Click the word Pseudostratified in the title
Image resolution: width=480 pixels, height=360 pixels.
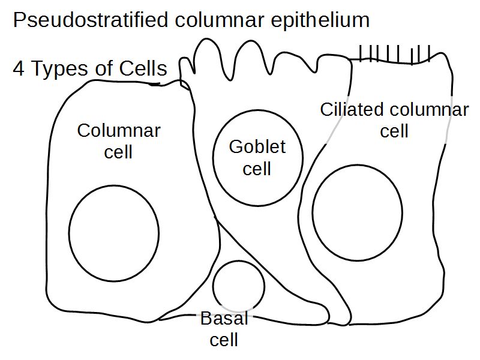90,21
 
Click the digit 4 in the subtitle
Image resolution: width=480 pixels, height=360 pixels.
19,69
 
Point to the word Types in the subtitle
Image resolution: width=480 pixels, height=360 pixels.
59,69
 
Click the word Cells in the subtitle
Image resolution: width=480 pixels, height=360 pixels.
142,69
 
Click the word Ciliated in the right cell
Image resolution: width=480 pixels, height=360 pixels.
352,110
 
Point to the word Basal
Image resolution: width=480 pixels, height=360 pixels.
224,319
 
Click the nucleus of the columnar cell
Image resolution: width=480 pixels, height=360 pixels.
114,231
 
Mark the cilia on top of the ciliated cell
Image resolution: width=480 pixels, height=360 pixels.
394,55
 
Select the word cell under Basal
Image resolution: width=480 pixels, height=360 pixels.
224,340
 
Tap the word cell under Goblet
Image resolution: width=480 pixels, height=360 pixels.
257,168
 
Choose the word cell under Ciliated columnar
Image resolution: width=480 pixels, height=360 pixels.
394,131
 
